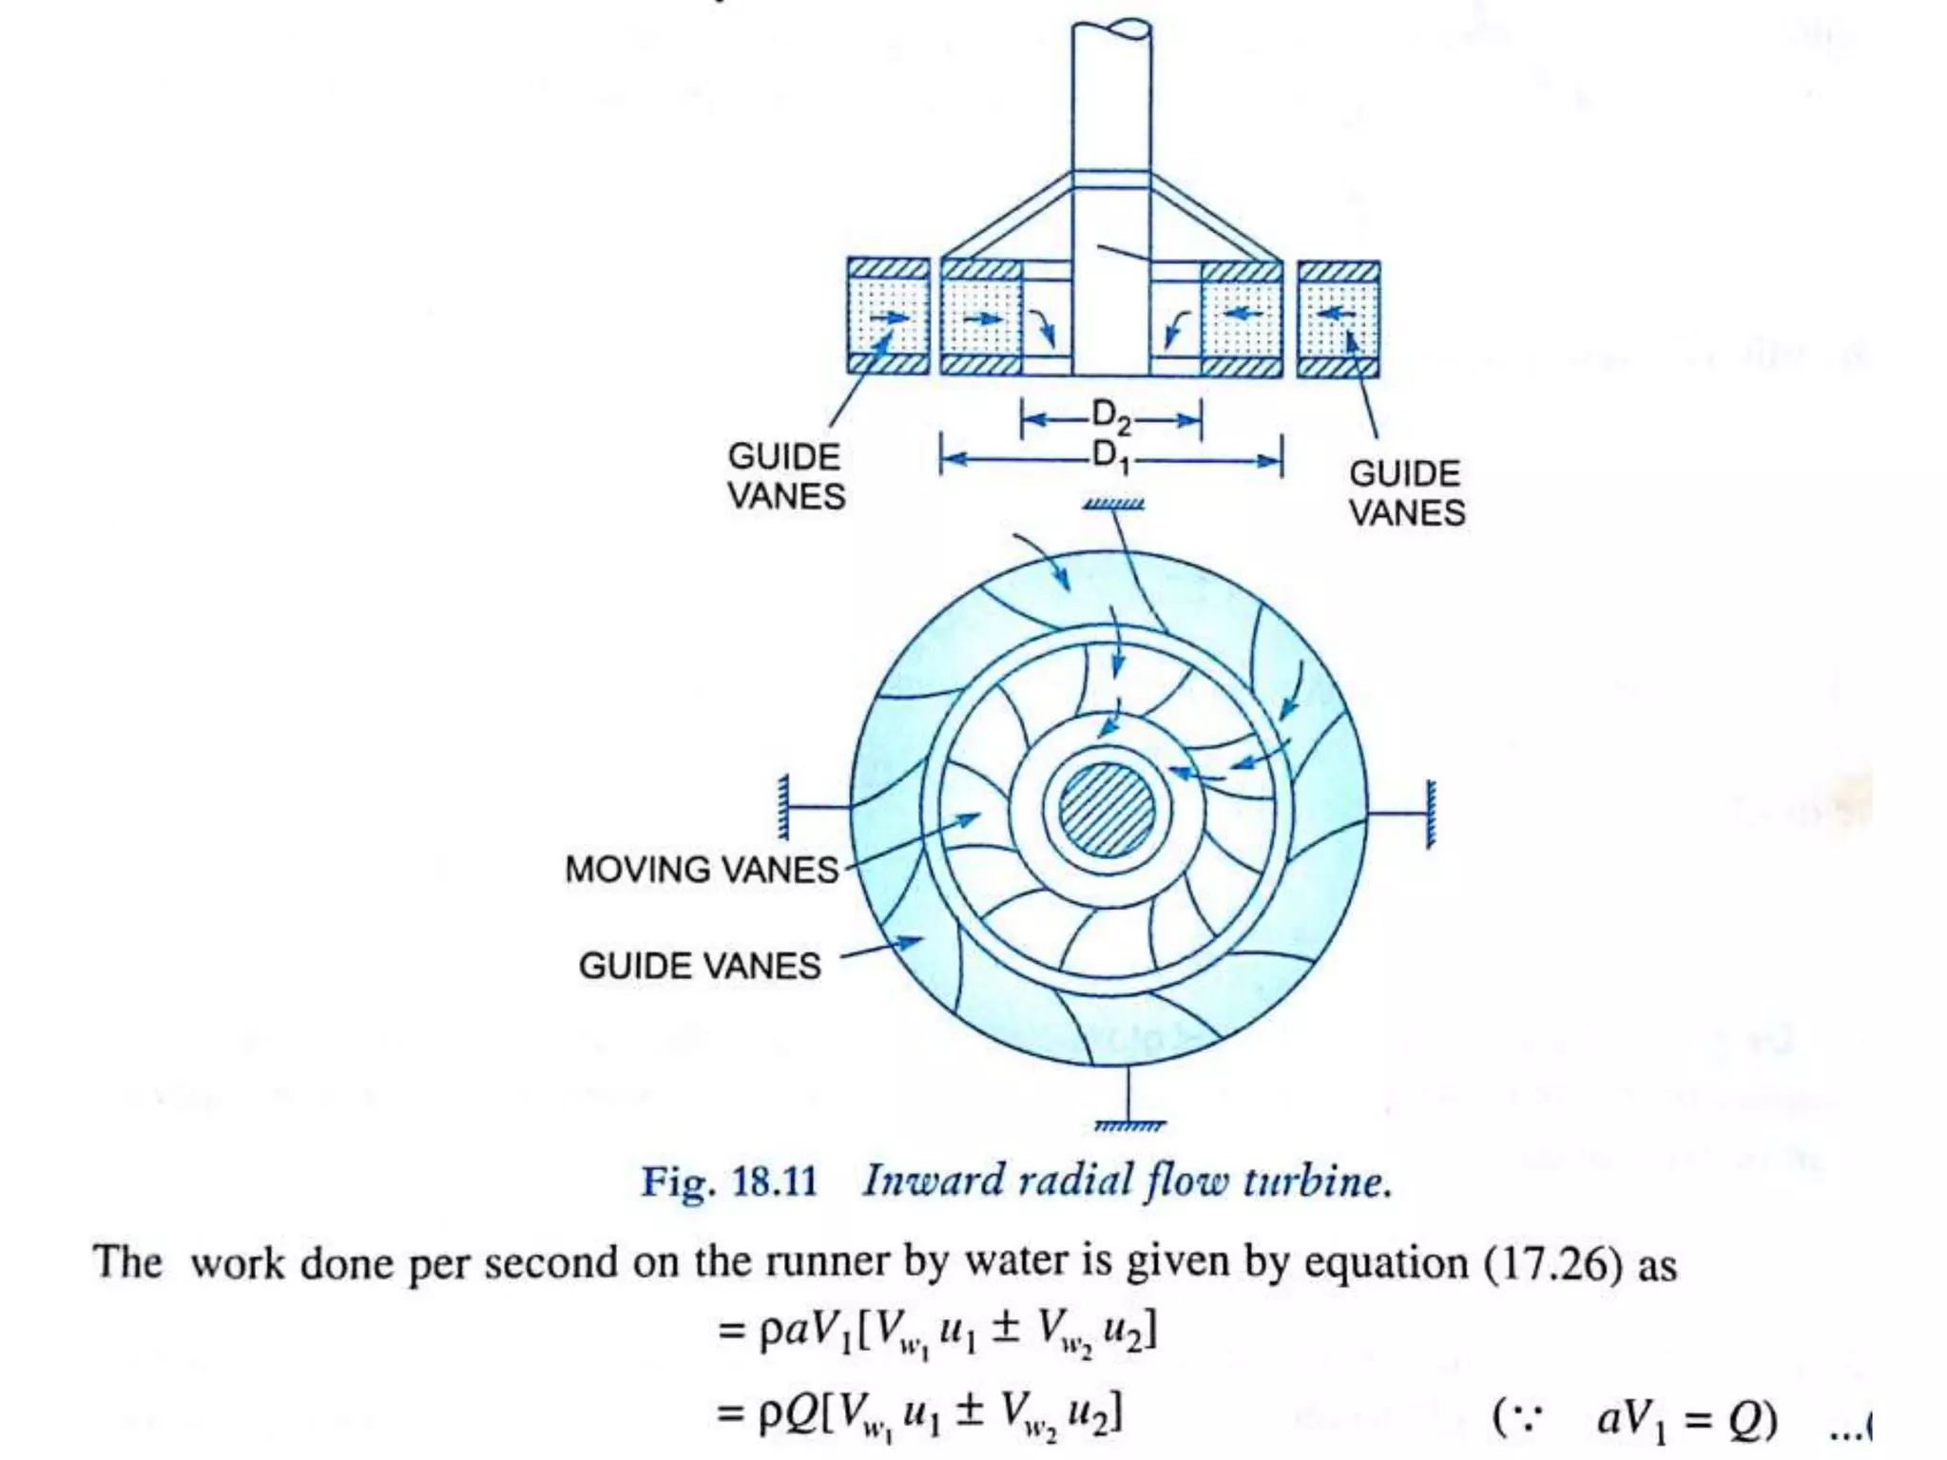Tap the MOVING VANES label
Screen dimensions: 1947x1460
pyautogui.click(x=702, y=870)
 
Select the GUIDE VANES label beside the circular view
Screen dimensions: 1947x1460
pyautogui.click(x=700, y=967)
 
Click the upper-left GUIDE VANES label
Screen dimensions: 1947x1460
pyautogui.click(x=785, y=476)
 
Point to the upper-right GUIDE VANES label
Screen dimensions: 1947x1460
pyautogui.click(x=1406, y=493)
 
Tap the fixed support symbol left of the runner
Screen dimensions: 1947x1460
pyautogui.click(x=783, y=808)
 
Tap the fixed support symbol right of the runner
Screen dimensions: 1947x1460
pyautogui.click(x=1430, y=814)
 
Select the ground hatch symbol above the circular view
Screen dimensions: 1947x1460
pyautogui.click(x=1113, y=505)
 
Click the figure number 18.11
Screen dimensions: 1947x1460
pyautogui.click(x=774, y=1181)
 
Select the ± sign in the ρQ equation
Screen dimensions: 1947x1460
pyautogui.click(x=969, y=1411)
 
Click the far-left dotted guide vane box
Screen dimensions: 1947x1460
pyautogui.click(x=888, y=317)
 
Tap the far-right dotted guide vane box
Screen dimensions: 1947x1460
pyautogui.click(x=1339, y=317)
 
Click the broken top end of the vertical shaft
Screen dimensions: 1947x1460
pyautogui.click(x=1111, y=29)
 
